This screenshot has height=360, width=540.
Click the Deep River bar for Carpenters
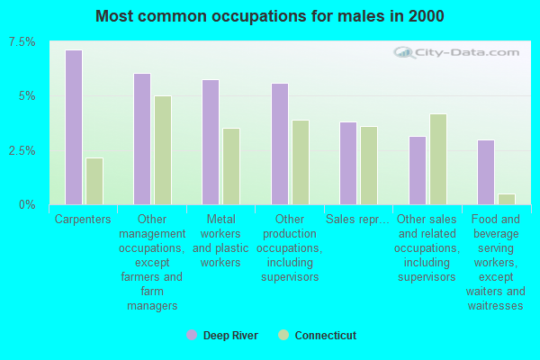74,128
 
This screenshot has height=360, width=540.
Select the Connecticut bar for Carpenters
94,181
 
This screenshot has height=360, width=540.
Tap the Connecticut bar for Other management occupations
163,150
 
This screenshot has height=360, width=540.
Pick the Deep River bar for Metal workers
211,142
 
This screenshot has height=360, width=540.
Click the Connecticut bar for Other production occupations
301,162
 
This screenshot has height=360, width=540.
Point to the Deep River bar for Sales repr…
348,163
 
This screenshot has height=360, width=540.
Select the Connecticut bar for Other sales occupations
438,159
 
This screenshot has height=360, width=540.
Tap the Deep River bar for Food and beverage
486,172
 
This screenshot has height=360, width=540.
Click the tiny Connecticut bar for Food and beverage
507,200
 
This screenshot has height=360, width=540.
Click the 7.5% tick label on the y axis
22,42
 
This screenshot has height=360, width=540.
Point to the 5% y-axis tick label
27,96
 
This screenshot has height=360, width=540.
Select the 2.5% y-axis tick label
22,150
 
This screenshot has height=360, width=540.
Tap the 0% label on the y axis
27,205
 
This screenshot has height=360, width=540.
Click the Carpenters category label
83,220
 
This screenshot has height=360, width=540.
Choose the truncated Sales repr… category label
357,220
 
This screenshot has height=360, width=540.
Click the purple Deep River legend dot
192,335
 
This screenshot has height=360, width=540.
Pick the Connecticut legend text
326,335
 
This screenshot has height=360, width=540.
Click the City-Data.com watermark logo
456,53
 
